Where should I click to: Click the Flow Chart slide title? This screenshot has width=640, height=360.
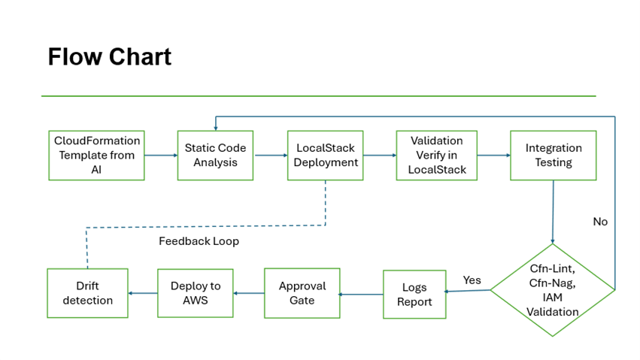click(x=109, y=56)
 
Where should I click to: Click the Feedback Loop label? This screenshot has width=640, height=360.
click(x=199, y=241)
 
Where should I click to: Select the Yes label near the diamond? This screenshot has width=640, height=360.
click(x=472, y=280)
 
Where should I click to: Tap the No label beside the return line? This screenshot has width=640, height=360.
click(x=600, y=222)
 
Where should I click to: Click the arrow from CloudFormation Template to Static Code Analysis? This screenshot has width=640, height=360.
click(x=161, y=156)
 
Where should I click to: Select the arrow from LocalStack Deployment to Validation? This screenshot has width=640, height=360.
click(x=380, y=156)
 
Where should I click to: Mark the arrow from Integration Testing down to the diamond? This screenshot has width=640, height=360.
click(x=553, y=212)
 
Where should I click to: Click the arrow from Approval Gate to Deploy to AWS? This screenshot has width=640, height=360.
click(x=249, y=293)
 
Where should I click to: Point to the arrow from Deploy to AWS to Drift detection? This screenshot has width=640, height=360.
click(x=143, y=293)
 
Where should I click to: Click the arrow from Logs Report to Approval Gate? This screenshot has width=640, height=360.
click(x=361, y=295)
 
